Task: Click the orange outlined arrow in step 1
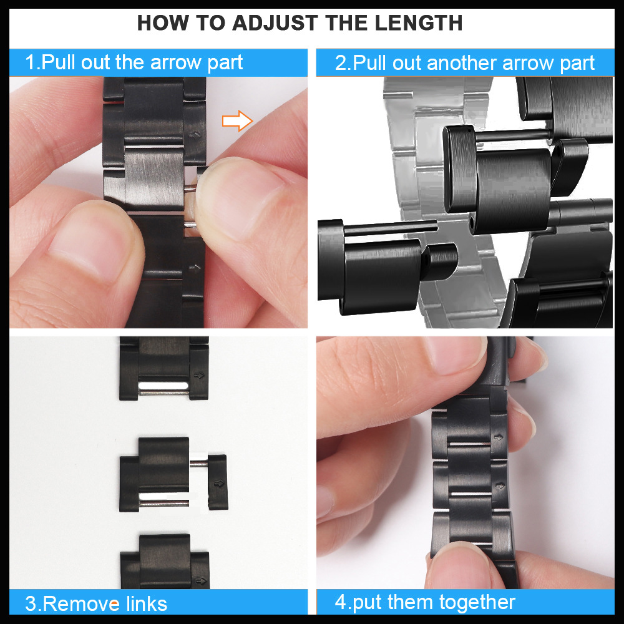point(237,120)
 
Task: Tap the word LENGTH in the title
point(419,22)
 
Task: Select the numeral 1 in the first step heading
point(29,62)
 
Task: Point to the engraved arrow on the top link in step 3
point(198,375)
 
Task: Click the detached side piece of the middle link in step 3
point(218,482)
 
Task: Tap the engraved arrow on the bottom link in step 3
point(201,581)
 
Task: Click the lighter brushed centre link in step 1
point(154,178)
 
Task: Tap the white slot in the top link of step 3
point(163,386)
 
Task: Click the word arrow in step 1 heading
point(176,63)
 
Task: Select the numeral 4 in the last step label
point(341,602)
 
